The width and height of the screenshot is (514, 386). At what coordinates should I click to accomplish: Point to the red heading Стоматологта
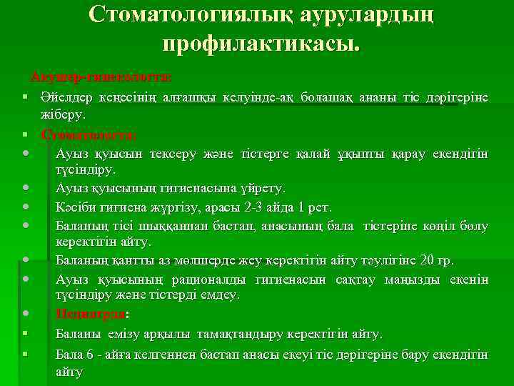tap(89, 134)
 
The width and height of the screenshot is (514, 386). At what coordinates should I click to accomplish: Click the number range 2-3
tap(251, 208)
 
